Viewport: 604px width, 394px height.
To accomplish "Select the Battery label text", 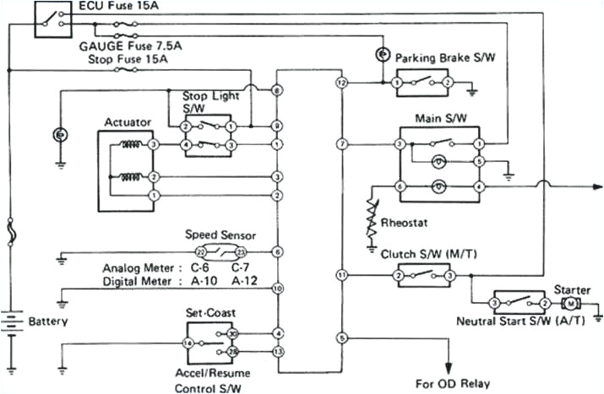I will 47,321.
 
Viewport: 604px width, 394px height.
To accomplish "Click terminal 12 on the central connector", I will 341,84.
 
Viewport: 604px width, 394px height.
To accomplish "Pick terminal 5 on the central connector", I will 341,337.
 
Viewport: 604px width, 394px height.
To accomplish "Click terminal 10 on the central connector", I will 277,289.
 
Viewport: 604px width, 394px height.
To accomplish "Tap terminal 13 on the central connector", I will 277,350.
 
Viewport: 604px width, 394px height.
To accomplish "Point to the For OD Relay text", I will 452,383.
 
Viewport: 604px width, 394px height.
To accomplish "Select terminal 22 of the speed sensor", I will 200,252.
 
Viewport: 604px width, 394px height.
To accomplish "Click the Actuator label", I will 128,122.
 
